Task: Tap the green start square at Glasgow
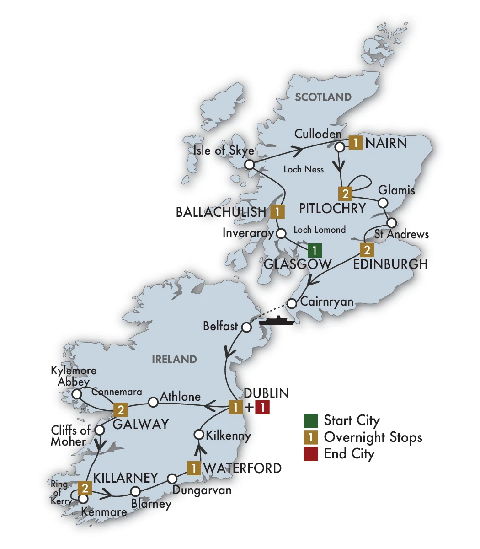click(x=314, y=250)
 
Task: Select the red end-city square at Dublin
click(x=262, y=407)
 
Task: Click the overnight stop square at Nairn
click(x=356, y=143)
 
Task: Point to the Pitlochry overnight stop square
click(x=346, y=194)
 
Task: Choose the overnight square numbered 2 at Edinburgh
click(x=367, y=250)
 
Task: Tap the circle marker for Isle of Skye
click(x=249, y=165)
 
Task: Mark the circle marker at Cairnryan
click(x=292, y=303)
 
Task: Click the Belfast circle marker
click(x=246, y=328)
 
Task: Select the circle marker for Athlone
click(x=154, y=402)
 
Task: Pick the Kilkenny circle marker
click(x=199, y=434)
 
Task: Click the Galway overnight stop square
click(x=120, y=409)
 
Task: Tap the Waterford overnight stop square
click(x=194, y=468)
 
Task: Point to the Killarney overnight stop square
click(x=85, y=488)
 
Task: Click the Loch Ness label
click(x=304, y=169)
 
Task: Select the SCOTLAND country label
click(x=323, y=97)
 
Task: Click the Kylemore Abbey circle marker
click(x=77, y=393)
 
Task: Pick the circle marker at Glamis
click(x=384, y=202)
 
